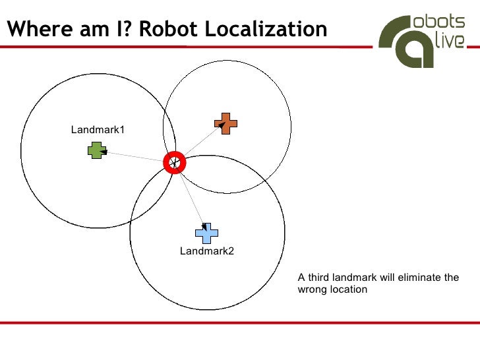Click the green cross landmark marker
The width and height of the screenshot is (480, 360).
[x=97, y=151]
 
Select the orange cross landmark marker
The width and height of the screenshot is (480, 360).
[x=225, y=123]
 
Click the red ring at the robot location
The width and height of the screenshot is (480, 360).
[x=175, y=162]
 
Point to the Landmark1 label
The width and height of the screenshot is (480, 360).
[x=98, y=130]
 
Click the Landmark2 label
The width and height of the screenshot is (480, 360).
[x=207, y=251]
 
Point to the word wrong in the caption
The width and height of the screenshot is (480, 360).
[x=313, y=289]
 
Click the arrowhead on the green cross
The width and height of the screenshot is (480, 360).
[x=104, y=152]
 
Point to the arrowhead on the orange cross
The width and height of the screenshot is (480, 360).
[x=223, y=123]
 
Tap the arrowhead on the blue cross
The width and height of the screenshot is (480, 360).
[x=204, y=227]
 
